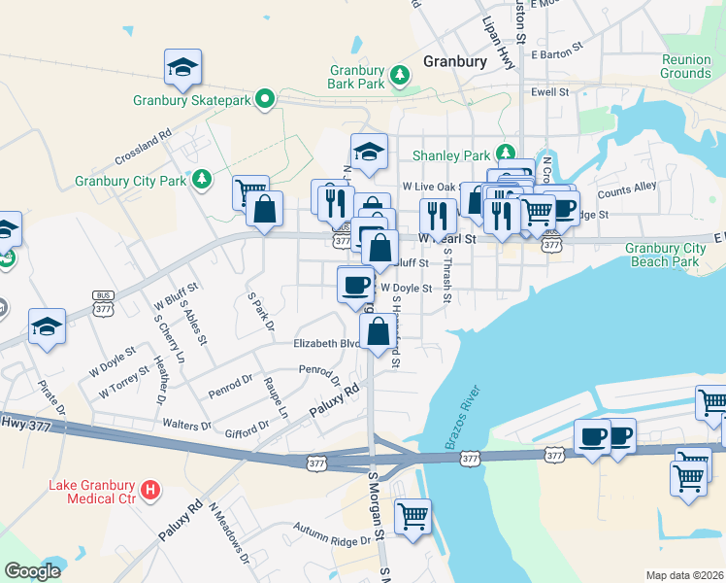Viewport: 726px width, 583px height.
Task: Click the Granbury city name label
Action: tap(455, 61)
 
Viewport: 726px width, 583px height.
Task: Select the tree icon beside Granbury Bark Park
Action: tap(398, 75)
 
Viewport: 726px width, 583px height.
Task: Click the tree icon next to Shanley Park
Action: tap(505, 153)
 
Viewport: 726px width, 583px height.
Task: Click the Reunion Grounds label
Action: tap(685, 66)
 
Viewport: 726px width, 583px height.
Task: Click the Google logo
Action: tap(32, 570)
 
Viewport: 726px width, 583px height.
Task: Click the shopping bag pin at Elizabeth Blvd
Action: tap(378, 331)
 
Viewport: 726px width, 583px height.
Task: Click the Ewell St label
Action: tap(549, 91)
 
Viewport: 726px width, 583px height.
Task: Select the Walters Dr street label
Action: tap(186, 426)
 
